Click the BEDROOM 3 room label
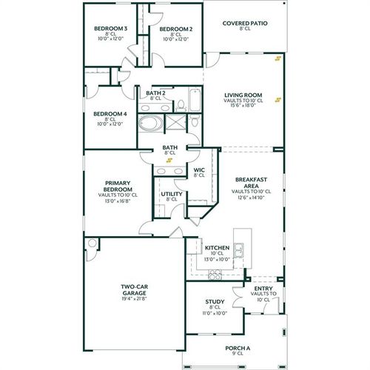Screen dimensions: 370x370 tap(110, 29)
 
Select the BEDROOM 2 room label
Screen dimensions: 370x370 tap(175, 29)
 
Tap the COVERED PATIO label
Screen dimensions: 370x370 tap(245, 23)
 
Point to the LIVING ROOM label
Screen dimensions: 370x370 tap(244, 95)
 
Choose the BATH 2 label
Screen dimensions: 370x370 tap(155, 92)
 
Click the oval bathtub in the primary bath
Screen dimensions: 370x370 tap(153, 122)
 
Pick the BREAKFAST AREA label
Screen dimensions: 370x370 tap(251, 184)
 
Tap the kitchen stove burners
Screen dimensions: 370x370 tap(215, 275)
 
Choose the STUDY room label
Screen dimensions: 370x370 tap(215, 302)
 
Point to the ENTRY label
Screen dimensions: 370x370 tap(263, 289)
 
